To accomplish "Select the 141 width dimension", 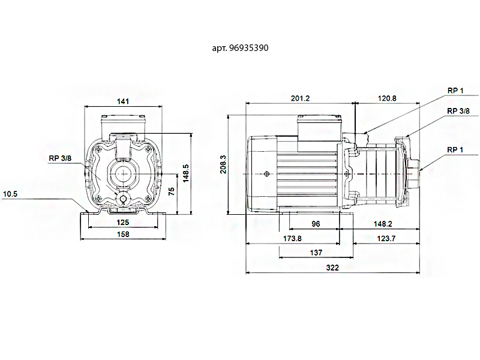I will point(123,101).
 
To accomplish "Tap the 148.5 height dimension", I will point(186,173).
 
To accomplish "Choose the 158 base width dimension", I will point(122,234).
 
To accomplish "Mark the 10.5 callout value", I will point(10,194).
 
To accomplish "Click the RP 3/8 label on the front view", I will point(60,158).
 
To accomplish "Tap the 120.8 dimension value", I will point(387,98).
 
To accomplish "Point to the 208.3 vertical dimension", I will point(223,164).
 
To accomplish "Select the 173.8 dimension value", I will point(292,238).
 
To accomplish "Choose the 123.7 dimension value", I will point(386,238).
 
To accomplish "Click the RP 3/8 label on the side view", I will point(458,111).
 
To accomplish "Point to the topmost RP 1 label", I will point(455,90).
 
